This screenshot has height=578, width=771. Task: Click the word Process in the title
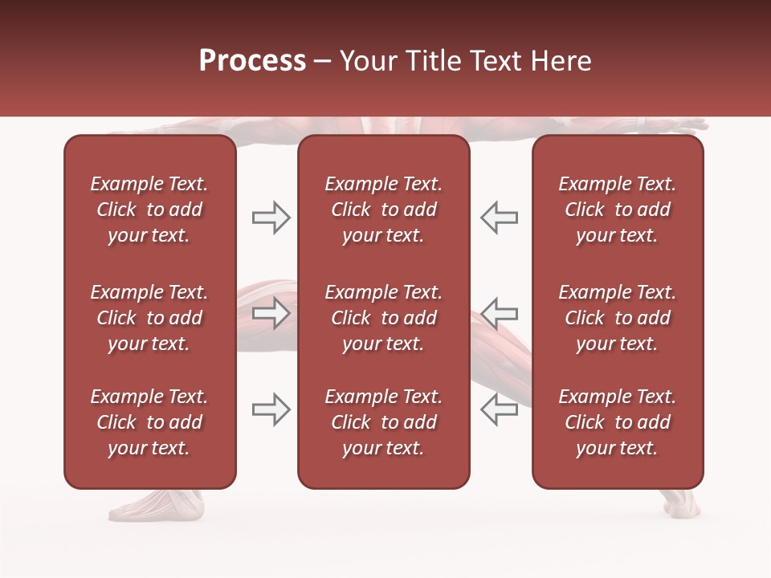(x=252, y=61)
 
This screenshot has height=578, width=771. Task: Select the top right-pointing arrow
(x=271, y=218)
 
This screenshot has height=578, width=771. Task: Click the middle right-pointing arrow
(x=271, y=313)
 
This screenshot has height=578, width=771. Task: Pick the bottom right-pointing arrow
(x=271, y=409)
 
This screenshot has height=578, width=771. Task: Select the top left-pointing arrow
(x=499, y=218)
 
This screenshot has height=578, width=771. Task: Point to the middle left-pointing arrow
(x=499, y=313)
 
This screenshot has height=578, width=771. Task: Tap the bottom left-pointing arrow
(x=499, y=409)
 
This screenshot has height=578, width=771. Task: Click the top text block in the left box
(x=149, y=210)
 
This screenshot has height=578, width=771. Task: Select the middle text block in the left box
(x=149, y=318)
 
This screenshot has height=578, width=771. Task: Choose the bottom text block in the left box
(x=149, y=422)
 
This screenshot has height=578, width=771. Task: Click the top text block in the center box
(x=384, y=210)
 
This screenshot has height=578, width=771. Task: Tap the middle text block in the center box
(x=384, y=318)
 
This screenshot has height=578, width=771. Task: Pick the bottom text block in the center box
(x=384, y=422)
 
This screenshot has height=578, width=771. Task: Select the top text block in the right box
(x=618, y=210)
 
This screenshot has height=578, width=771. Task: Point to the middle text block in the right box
(x=618, y=318)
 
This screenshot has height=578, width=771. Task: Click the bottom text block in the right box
(x=618, y=422)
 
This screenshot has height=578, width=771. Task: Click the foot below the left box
(x=157, y=504)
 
